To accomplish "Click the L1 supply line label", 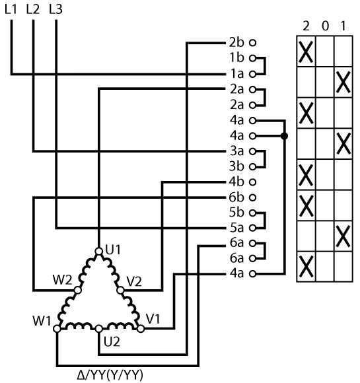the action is pyautogui.click(x=11, y=9).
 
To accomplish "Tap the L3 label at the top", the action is pyautogui.click(x=55, y=9).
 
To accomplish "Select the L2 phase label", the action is pyautogui.click(x=33, y=9).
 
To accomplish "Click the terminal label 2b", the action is pyautogui.click(x=236, y=42).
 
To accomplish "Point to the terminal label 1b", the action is pyautogui.click(x=237, y=58).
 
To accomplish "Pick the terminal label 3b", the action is pyautogui.click(x=236, y=166).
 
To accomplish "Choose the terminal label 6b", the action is pyautogui.click(x=236, y=197).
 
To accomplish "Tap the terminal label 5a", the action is pyautogui.click(x=237, y=228).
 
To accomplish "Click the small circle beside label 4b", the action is pyautogui.click(x=253, y=182).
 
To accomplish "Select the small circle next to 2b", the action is pyautogui.click(x=253, y=43).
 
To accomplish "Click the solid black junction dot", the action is pyautogui.click(x=284, y=136).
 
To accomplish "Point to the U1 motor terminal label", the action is pyautogui.click(x=113, y=250).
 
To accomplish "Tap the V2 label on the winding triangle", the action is pyautogui.click(x=134, y=281).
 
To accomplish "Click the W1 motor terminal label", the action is pyautogui.click(x=42, y=321).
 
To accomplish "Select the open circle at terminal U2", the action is pyautogui.click(x=98, y=329).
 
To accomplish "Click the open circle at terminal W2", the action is pyautogui.click(x=78, y=290).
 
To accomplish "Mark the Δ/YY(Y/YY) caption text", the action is pyautogui.click(x=110, y=375).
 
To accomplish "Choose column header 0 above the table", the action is pyautogui.click(x=325, y=26).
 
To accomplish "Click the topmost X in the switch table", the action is pyautogui.click(x=306, y=52).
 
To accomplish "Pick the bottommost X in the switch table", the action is pyautogui.click(x=306, y=267).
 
